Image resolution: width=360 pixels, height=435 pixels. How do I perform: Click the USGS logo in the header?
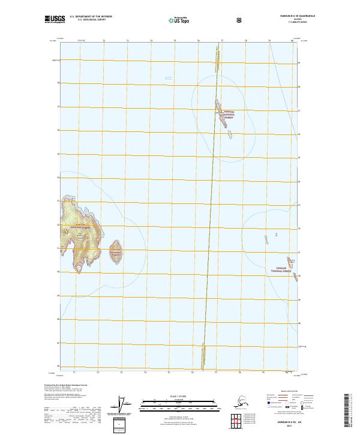tap(52, 19)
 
